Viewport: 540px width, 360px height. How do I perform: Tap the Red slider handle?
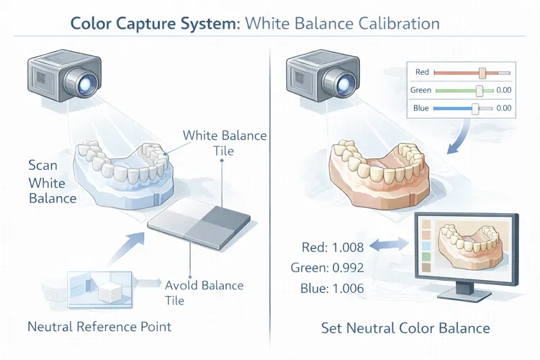(x=482, y=73)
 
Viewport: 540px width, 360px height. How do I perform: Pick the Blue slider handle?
(x=474, y=108)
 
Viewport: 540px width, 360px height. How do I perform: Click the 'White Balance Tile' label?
(x=224, y=143)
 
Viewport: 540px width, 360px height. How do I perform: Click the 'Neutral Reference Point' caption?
(x=99, y=327)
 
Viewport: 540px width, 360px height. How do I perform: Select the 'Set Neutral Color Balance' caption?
(x=405, y=328)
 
